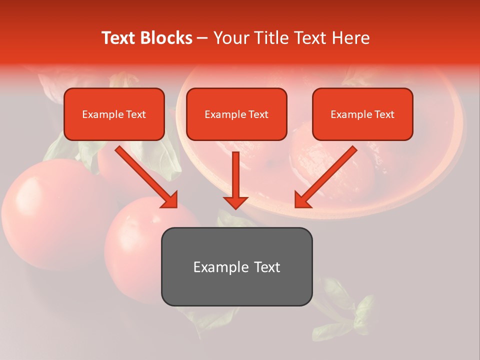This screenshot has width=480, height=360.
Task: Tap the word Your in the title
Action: point(231,38)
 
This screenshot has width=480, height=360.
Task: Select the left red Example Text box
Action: point(114,114)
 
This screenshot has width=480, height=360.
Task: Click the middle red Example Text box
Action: point(236,114)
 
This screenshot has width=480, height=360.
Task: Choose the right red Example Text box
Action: point(362,114)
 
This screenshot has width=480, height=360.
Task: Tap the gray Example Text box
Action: point(236,266)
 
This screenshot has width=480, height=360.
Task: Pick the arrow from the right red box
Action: point(325,177)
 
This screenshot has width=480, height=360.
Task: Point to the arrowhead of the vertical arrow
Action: point(235,202)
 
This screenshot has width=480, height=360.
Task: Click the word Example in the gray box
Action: point(214,267)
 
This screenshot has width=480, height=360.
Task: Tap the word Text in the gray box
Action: point(266,267)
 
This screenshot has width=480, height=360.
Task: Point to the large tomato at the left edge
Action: point(45,205)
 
